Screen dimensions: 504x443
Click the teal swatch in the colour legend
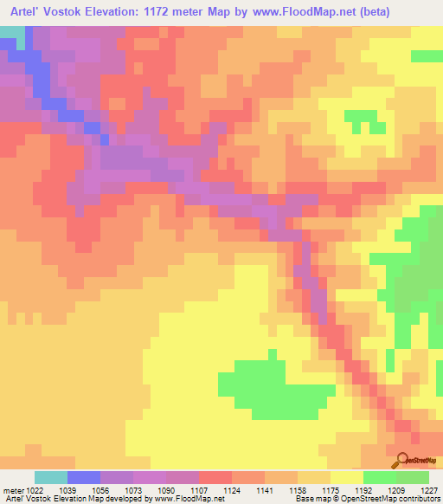(51, 477)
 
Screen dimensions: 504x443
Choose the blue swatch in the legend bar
(84, 477)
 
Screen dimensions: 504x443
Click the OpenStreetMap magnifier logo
(401, 461)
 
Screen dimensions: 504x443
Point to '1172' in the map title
(175, 12)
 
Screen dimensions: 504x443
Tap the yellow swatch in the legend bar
(347, 477)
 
